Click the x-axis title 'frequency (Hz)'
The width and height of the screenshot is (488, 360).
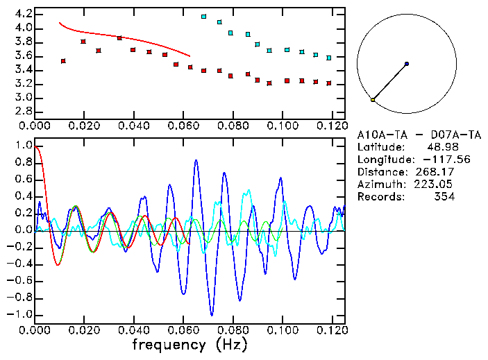pos(190,343)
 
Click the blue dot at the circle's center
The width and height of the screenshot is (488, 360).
pos(406,64)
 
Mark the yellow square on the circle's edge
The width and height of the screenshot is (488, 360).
pos(373,100)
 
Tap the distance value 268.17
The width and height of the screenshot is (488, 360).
pos(436,172)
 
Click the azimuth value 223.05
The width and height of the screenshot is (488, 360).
pos(436,185)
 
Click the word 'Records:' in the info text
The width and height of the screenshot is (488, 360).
pos(380,197)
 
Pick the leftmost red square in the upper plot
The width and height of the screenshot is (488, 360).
pos(63,61)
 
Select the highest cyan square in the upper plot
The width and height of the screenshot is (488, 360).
pos(203,17)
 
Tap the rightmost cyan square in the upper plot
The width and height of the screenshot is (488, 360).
pos(329,58)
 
